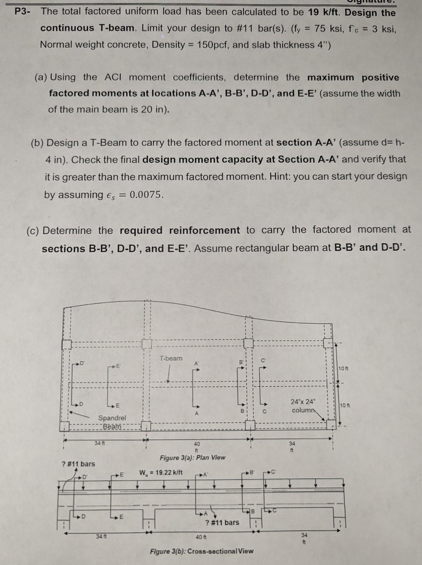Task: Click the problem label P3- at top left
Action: (x=22, y=11)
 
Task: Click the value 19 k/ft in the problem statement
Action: (x=324, y=12)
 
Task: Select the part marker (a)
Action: (x=41, y=77)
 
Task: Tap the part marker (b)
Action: (x=38, y=143)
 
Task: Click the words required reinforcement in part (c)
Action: (x=180, y=230)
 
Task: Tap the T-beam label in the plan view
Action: (x=171, y=358)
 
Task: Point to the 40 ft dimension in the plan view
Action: (x=197, y=447)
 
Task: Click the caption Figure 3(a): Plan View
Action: (x=192, y=457)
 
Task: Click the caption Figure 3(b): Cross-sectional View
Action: (x=201, y=551)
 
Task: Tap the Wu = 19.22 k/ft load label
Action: (x=161, y=472)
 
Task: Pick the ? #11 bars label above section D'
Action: (x=79, y=464)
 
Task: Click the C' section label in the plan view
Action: (x=263, y=360)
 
